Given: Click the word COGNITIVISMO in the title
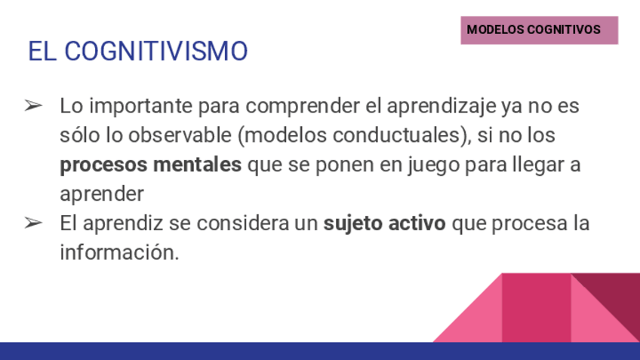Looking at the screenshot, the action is pyautogui.click(x=156, y=51).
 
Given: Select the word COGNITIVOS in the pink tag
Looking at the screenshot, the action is pyautogui.click(x=564, y=29).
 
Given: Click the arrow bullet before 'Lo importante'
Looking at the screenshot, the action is pyautogui.click(x=33, y=106).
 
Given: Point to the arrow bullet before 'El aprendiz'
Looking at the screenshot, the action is pyautogui.click(x=33, y=223).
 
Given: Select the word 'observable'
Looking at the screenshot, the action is pyautogui.click(x=180, y=135).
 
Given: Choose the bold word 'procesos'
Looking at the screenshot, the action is pyautogui.click(x=103, y=165).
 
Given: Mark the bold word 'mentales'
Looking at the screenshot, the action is pyautogui.click(x=197, y=165).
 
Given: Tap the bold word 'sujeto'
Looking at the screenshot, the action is pyautogui.click(x=353, y=223).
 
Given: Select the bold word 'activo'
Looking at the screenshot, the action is pyautogui.click(x=417, y=223).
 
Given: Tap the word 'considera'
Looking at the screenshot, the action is pyautogui.click(x=242, y=223).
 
